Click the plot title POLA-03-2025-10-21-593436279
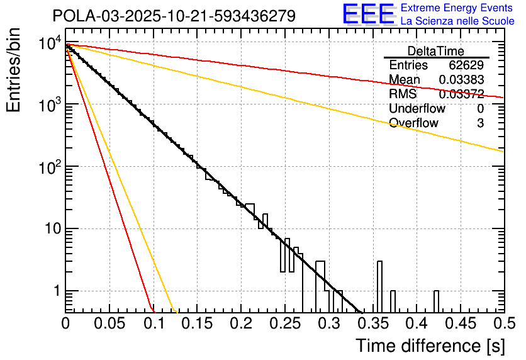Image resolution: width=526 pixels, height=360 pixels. pyautogui.click(x=174, y=16)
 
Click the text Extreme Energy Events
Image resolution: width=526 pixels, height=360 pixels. pyautogui.click(x=457, y=8)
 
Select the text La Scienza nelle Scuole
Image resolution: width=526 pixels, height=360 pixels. pyautogui.click(x=457, y=21)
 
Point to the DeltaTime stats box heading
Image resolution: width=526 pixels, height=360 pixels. pyautogui.click(x=436, y=51)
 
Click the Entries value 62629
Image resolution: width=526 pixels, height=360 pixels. pyautogui.click(x=466, y=65)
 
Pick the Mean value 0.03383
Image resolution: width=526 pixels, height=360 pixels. pyautogui.click(x=461, y=80)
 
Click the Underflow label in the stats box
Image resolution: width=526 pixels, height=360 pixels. pyautogui.click(x=417, y=108)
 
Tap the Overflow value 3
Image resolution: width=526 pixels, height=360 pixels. pyautogui.click(x=480, y=123)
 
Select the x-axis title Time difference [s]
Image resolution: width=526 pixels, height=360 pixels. pyautogui.click(x=430, y=346)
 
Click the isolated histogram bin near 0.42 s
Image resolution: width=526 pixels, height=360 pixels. pyautogui.click(x=437, y=301)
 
